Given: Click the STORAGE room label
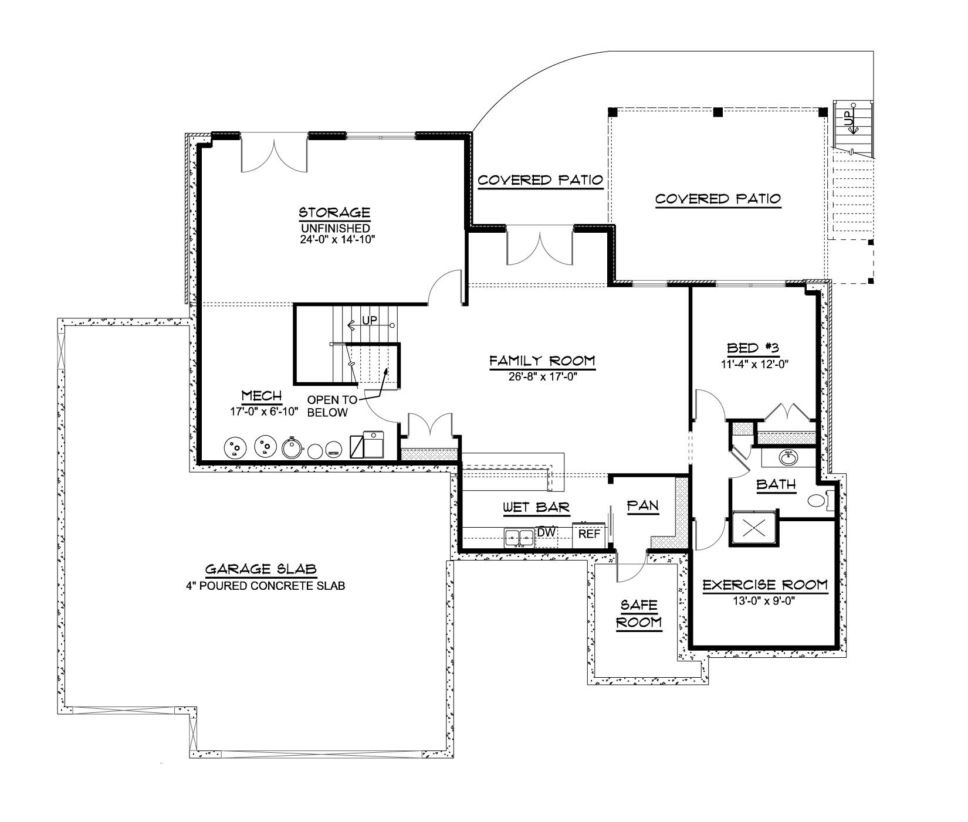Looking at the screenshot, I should pos(334,212).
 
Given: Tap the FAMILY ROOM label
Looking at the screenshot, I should pos(542,361).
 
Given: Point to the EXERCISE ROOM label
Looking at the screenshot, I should pos(765,585).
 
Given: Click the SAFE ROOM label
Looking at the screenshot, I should pos(639,613).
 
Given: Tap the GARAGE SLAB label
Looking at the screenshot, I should pos(261,569).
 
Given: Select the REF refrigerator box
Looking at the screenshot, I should pos(590,534).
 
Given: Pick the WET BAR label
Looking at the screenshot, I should pos(536,507).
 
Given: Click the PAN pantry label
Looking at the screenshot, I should pos(643,505).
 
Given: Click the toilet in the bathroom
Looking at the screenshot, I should pos(817,501).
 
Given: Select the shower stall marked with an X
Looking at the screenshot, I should pos(753,528).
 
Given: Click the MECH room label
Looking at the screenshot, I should pos(262,396).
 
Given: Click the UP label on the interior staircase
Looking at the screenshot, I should pos(370,321).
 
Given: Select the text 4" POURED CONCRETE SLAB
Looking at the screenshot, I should pos(262,585).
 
